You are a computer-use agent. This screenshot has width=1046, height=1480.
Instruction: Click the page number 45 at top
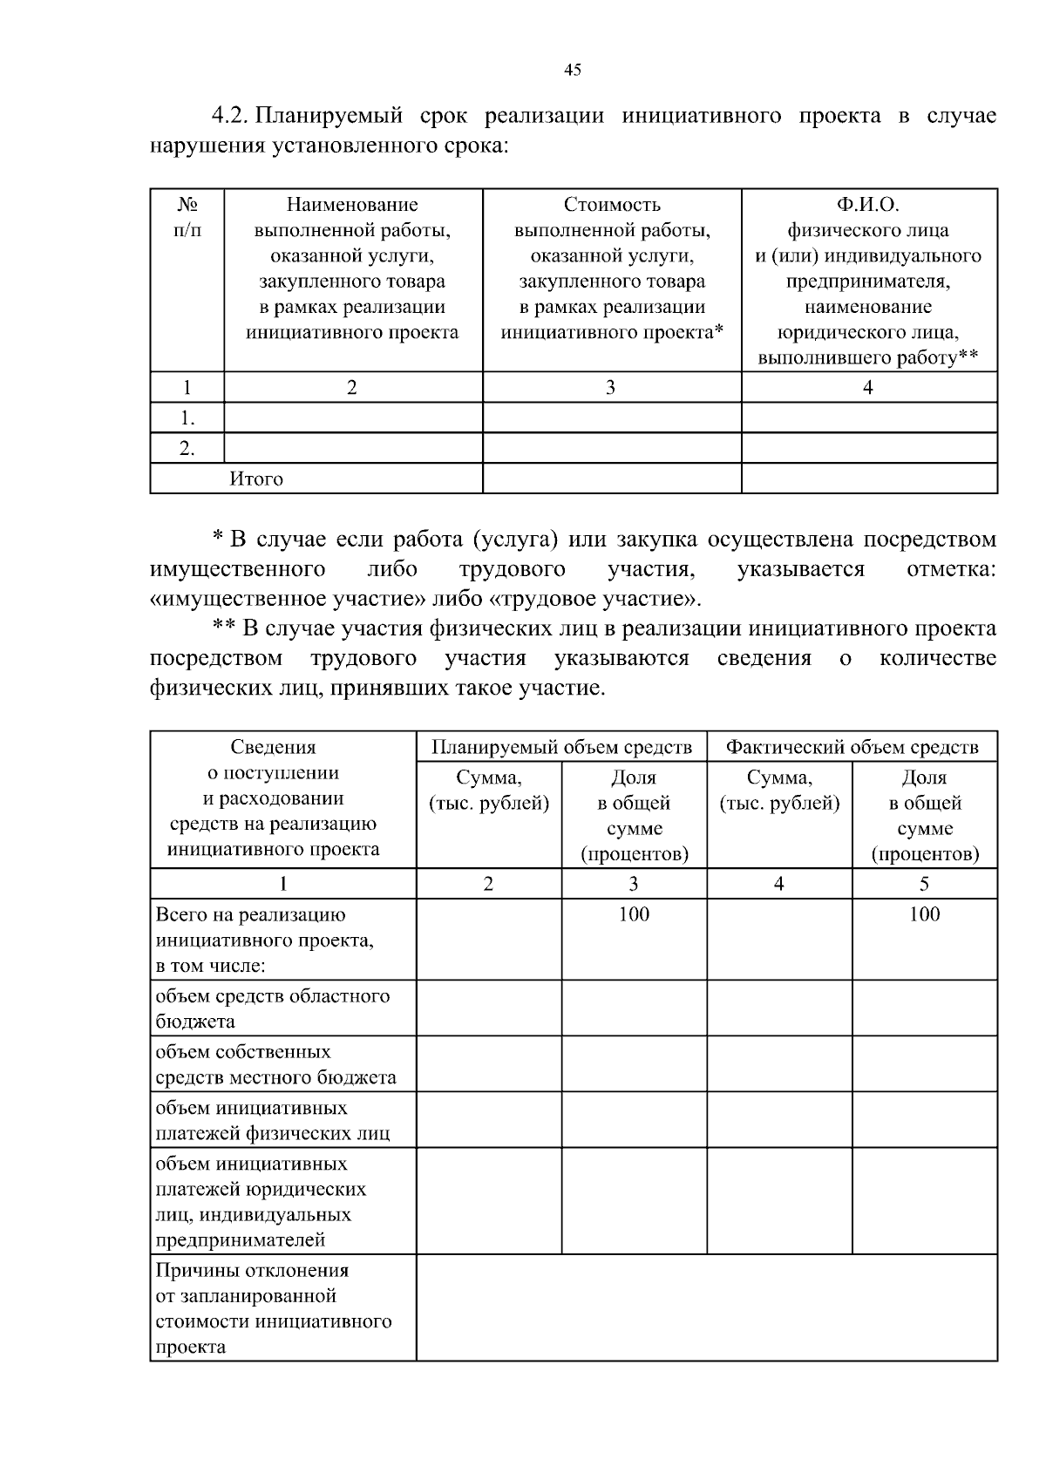click(572, 71)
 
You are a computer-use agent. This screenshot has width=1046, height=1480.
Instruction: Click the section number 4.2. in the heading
click(231, 116)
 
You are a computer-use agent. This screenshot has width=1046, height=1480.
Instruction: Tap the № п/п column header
click(187, 217)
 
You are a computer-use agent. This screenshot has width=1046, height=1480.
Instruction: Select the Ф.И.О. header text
click(868, 205)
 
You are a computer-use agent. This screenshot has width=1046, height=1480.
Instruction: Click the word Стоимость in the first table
click(612, 205)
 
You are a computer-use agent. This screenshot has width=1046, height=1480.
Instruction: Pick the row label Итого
click(256, 479)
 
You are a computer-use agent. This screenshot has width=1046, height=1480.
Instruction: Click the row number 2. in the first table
click(187, 448)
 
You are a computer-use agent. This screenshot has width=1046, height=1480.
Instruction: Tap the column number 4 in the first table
click(868, 388)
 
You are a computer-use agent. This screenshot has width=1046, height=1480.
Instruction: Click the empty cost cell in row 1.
click(612, 418)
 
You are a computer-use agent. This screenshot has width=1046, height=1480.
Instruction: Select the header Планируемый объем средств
click(561, 747)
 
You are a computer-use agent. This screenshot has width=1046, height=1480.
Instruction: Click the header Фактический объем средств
click(852, 747)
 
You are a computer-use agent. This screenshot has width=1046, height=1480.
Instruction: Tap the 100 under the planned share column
click(634, 913)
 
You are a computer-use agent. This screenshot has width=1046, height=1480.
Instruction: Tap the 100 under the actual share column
click(924, 913)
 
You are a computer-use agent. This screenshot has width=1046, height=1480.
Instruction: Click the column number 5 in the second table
click(924, 884)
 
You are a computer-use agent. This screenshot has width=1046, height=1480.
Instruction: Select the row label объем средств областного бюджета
click(272, 1008)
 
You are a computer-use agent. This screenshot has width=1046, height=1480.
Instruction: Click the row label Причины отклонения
click(253, 1271)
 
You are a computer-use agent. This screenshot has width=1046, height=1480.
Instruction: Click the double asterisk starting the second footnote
click(225, 628)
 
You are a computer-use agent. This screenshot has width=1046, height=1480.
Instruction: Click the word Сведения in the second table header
click(273, 747)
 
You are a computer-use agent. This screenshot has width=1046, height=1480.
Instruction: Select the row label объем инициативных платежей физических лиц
click(272, 1121)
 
